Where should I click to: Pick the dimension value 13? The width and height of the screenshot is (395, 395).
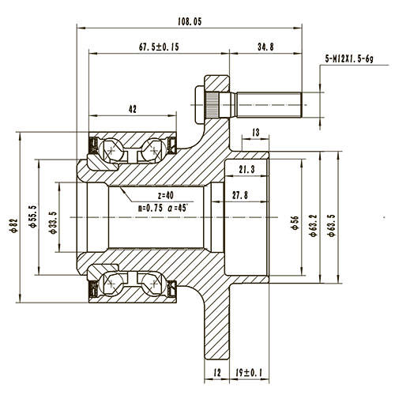click(255, 132)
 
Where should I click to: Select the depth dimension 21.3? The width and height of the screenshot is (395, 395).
click(246, 169)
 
